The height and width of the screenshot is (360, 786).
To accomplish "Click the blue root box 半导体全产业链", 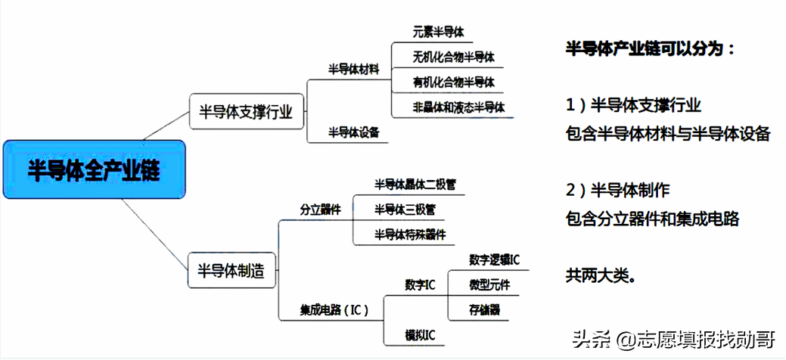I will pos(94,169).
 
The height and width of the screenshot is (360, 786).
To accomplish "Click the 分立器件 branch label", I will pos(320,209).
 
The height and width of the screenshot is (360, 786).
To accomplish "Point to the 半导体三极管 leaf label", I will pos(405,209).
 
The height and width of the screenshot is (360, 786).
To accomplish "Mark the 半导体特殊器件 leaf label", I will pos(410,234).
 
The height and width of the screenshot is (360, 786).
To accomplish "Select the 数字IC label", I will pos(420,285).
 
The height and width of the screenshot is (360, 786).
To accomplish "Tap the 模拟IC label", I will pos(420,334).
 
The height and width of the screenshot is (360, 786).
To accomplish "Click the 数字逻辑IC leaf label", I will pos(494,259).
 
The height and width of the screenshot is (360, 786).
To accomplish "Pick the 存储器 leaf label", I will pos(484,310).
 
